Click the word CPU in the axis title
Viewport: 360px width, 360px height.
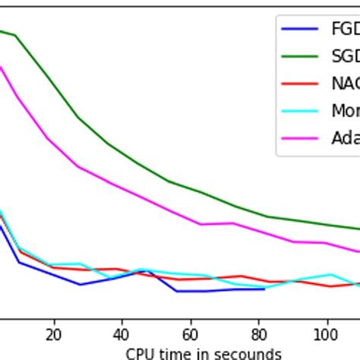pos(141,353)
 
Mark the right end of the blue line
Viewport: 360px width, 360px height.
pos(264,289)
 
